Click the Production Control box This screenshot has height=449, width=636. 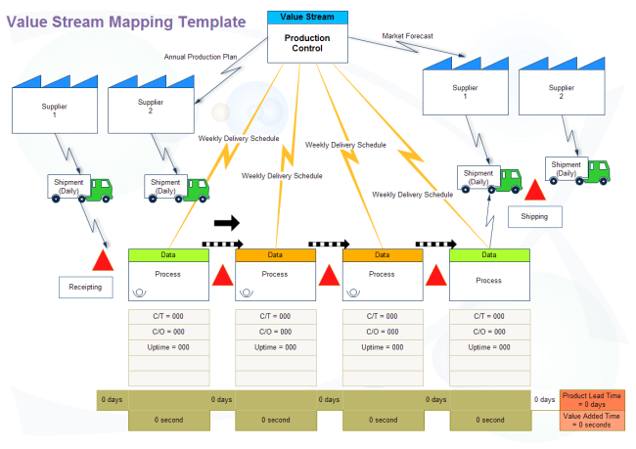[x=307, y=43]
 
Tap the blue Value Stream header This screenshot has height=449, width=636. [x=307, y=18]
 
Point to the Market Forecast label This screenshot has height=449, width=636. [x=407, y=36]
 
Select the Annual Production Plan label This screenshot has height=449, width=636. [x=201, y=57]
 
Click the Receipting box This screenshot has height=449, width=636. [x=85, y=288]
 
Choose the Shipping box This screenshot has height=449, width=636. [x=534, y=216]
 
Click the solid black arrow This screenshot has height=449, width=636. [x=227, y=223]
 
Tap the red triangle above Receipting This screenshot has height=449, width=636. [x=103, y=260]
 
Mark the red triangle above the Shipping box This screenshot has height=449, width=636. [x=535, y=190]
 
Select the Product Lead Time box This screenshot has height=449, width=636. [x=592, y=400]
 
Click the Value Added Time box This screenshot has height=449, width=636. [x=592, y=421]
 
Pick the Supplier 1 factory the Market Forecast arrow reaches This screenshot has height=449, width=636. [x=465, y=86]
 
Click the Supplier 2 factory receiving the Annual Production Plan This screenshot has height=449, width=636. [x=151, y=105]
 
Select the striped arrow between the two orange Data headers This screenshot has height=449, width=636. [x=329, y=245]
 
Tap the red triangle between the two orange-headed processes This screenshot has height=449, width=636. [x=329, y=276]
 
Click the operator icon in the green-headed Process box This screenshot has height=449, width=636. [x=139, y=292]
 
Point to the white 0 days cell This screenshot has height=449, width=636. [x=545, y=400]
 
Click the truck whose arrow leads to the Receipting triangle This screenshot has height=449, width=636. [x=80, y=189]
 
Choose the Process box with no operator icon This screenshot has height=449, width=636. [x=489, y=275]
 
